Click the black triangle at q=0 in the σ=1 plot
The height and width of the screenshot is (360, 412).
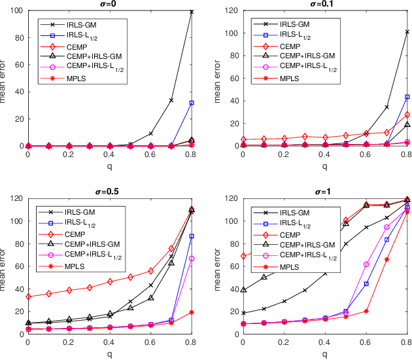pyautogui.click(x=243, y=289)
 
